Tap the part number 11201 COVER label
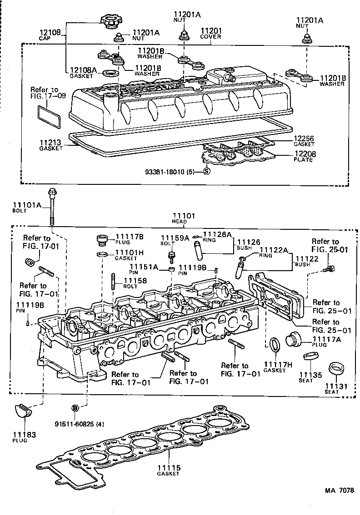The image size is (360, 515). [210, 34]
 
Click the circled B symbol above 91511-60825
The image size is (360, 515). [75, 407]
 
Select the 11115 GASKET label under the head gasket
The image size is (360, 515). [169, 470]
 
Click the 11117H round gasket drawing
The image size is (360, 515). [275, 345]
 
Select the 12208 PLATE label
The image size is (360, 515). [304, 157]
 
